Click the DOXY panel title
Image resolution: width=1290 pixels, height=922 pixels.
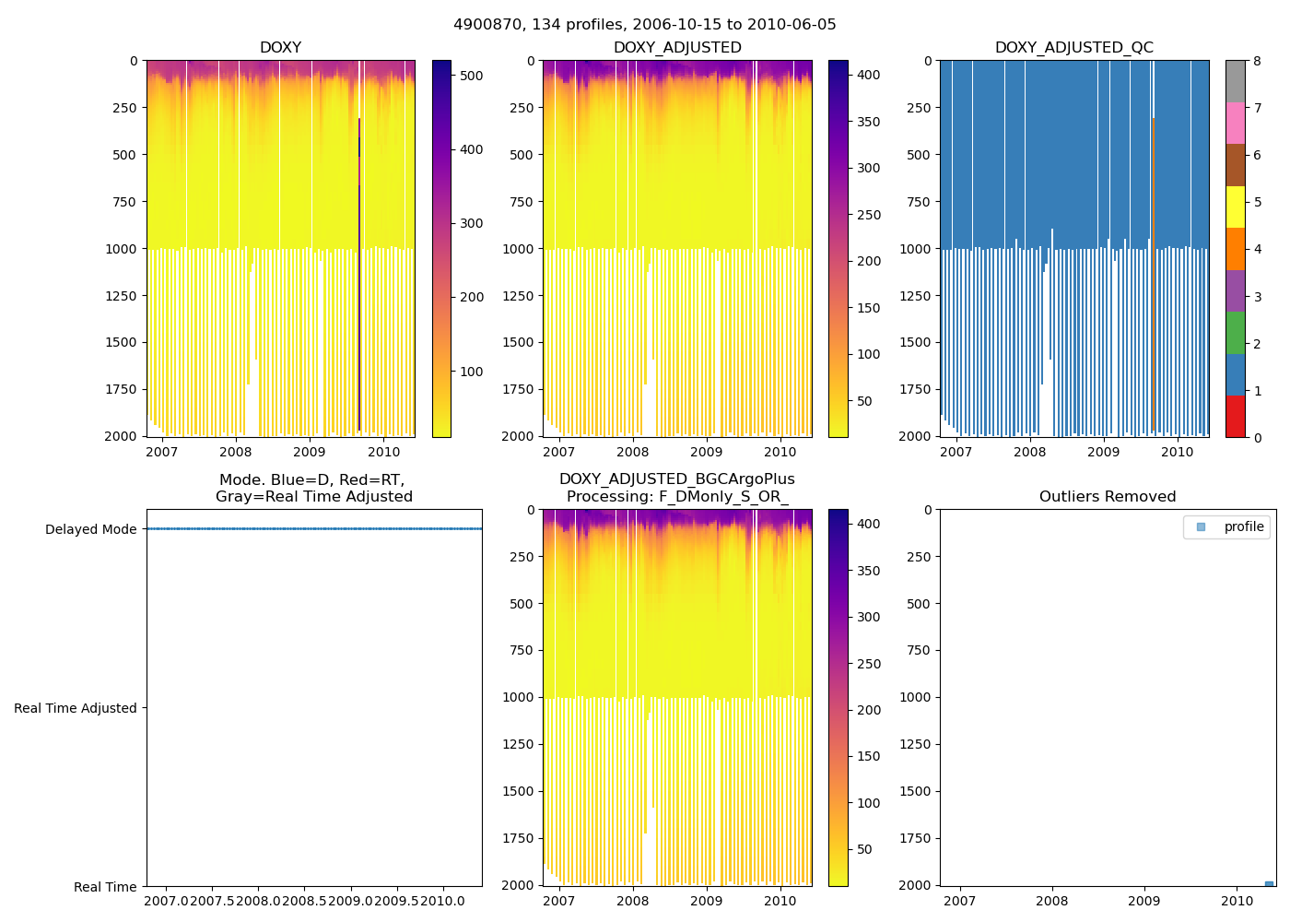(x=280, y=48)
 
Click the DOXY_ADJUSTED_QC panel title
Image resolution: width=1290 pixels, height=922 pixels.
(x=1073, y=48)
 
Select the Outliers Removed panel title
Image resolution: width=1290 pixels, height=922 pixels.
(x=1108, y=497)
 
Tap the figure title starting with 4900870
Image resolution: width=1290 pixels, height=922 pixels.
(x=644, y=25)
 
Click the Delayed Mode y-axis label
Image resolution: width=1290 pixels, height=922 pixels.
(x=90, y=529)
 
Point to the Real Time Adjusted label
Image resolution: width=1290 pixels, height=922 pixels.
(x=75, y=708)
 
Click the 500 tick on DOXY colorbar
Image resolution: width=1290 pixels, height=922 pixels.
(x=471, y=76)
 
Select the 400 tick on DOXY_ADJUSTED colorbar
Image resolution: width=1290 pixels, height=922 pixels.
(x=868, y=75)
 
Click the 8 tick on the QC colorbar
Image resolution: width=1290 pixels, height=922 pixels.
(x=1257, y=61)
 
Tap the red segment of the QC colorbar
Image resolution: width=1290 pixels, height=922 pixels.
(x=1235, y=416)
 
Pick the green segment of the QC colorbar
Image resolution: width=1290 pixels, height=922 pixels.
(x=1235, y=332)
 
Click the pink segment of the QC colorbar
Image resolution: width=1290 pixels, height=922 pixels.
(x=1235, y=123)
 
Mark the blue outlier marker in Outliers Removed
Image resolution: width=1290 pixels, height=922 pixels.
(x=1269, y=884)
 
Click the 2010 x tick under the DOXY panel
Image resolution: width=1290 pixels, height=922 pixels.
(x=383, y=452)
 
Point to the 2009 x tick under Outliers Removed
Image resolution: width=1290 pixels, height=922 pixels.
(x=1144, y=901)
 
